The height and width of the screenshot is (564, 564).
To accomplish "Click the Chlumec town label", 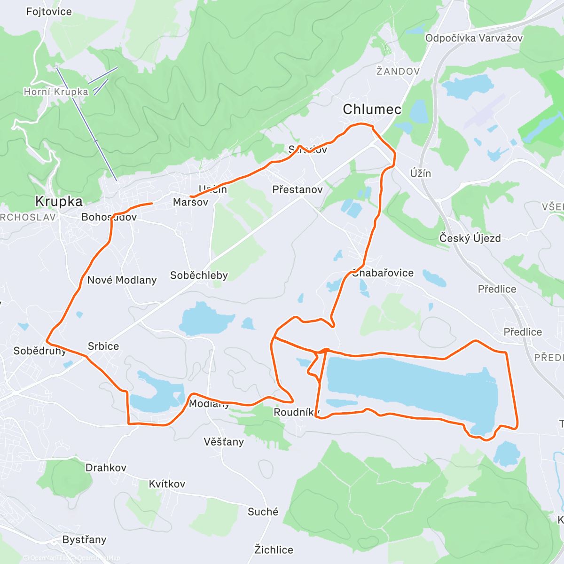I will (372, 110).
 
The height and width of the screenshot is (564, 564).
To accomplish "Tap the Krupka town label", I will (59, 202).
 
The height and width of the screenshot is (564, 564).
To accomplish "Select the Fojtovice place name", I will (49, 12).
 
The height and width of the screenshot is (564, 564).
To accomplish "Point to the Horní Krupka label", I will (56, 92).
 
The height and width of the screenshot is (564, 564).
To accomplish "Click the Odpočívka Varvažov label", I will (473, 39).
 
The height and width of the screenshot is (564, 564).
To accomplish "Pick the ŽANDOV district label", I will (398, 71).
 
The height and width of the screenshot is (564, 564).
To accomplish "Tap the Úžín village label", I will (420, 173).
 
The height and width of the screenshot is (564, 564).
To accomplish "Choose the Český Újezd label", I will (470, 238).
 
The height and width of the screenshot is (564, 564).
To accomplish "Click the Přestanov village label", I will (298, 190).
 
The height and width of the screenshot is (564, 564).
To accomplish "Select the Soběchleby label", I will (199, 275).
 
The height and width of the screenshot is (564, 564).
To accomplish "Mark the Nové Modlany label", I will (122, 280).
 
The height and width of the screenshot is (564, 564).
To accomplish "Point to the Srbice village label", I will (103, 346).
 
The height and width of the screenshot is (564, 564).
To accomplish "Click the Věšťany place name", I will (224, 442).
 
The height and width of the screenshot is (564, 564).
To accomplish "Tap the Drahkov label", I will (106, 468).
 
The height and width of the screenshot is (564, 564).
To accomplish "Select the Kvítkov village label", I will (167, 484).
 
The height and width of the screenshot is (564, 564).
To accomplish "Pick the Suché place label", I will (263, 512).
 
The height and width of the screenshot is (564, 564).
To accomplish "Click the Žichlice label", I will (274, 549).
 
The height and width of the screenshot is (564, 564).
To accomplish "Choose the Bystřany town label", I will (84, 540).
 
